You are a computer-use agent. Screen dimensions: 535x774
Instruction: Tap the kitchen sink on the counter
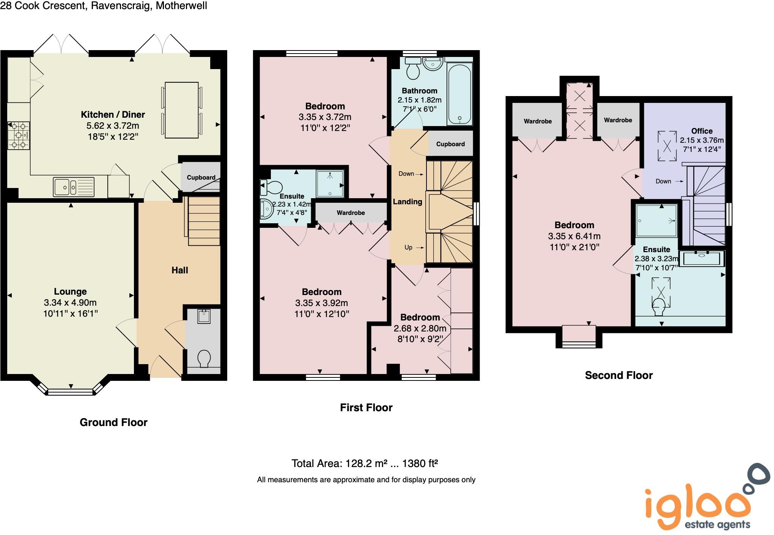pyautogui.click(x=74, y=187)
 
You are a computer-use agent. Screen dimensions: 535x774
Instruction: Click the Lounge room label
pyautogui.click(x=70, y=292)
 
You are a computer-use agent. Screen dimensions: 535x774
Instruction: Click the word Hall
pyautogui.click(x=179, y=270)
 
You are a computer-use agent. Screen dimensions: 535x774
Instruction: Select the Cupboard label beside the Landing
pyautogui.click(x=450, y=144)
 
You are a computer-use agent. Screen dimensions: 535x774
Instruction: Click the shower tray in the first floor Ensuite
pyautogui.click(x=330, y=184)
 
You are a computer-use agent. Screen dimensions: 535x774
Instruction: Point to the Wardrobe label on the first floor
pyautogui.click(x=351, y=213)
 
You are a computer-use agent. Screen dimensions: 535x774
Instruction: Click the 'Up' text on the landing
pyautogui.click(x=408, y=247)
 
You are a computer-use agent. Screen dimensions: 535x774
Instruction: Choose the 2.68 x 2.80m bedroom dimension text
pyautogui.click(x=420, y=328)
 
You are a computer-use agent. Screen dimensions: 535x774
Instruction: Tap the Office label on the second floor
pyautogui.click(x=702, y=131)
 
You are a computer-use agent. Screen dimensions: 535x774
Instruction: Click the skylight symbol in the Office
pyautogui.click(x=667, y=146)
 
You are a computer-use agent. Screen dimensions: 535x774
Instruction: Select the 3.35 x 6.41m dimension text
pyautogui.click(x=574, y=236)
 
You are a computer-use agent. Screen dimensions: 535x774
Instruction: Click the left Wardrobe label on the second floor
pyautogui.click(x=538, y=121)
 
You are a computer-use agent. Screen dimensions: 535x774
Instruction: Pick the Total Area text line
pyautogui.click(x=365, y=463)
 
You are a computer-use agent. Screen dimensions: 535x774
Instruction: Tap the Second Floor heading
pyautogui.click(x=618, y=375)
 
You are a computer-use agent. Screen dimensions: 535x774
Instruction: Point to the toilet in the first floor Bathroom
pyautogui.click(x=412, y=68)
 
